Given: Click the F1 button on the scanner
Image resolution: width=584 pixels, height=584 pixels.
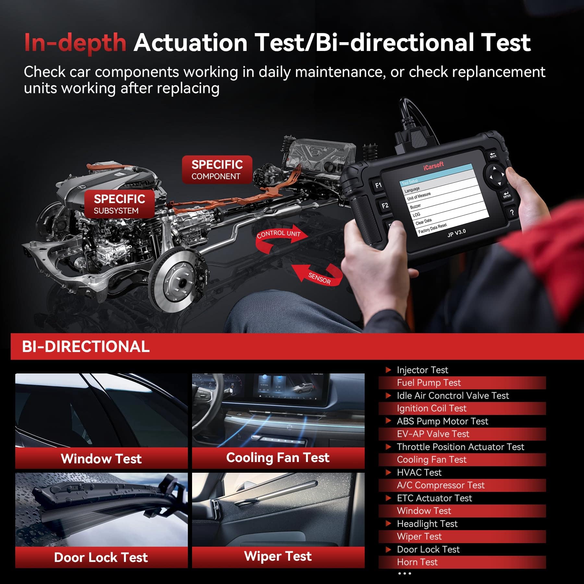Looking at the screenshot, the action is [378, 186].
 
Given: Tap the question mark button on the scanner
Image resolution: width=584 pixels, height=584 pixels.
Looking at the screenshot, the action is [512, 212].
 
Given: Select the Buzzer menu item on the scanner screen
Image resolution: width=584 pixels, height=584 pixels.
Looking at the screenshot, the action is [415, 206].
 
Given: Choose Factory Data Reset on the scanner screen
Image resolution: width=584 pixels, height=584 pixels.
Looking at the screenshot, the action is [432, 228].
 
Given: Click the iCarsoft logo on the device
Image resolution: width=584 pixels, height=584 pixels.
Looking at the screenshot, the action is [433, 166].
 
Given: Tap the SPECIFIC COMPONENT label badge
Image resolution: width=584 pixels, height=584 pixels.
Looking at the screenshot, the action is [217, 170].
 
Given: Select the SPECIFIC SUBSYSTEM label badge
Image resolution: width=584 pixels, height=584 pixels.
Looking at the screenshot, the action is [119, 204].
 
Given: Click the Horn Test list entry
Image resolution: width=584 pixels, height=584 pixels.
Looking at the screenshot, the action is [417, 562].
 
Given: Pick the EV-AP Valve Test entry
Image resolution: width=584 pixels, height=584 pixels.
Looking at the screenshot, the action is [433, 434].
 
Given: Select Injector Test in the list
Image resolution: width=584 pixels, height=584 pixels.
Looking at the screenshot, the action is [422, 370].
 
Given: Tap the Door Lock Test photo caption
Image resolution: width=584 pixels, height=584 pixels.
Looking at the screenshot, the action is [101, 557].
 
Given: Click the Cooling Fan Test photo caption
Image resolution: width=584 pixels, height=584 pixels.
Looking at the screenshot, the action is [278, 458].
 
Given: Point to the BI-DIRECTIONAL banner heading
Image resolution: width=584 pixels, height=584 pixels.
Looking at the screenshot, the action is [86, 347].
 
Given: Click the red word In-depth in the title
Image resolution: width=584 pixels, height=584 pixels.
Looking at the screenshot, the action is [75, 43].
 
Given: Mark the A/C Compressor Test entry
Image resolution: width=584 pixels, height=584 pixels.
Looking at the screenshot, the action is [440, 485].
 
